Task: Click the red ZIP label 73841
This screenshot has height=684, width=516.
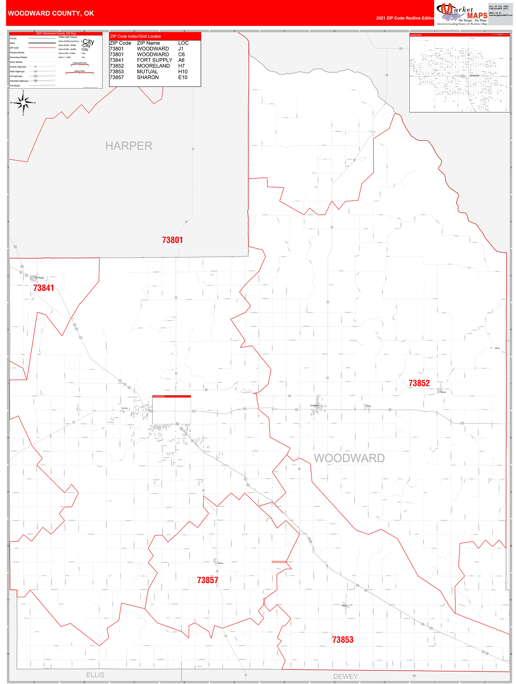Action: coord(44,288)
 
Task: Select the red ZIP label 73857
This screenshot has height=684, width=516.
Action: coord(207,580)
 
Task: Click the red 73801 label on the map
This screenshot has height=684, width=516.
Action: coord(172,240)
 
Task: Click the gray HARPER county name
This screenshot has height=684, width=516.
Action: coord(129,146)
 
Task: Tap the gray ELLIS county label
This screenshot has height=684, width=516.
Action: coord(95,675)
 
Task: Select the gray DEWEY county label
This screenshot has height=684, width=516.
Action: coord(345,676)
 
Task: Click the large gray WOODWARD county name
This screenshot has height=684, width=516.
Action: coord(349,458)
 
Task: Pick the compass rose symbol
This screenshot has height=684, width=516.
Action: coord(23,103)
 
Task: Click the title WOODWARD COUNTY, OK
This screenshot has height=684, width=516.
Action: coord(51,13)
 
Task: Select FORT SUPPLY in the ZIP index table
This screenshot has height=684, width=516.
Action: coord(154,60)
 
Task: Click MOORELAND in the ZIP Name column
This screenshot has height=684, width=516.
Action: coord(153,66)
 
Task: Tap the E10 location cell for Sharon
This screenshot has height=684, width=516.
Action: coord(183,77)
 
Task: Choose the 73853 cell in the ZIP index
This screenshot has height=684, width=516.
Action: coord(117,72)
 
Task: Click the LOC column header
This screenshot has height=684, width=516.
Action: coord(183,43)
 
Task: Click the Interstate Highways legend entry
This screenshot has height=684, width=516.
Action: coord(19,81)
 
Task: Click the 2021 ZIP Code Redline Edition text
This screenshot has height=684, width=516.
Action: coord(405,18)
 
